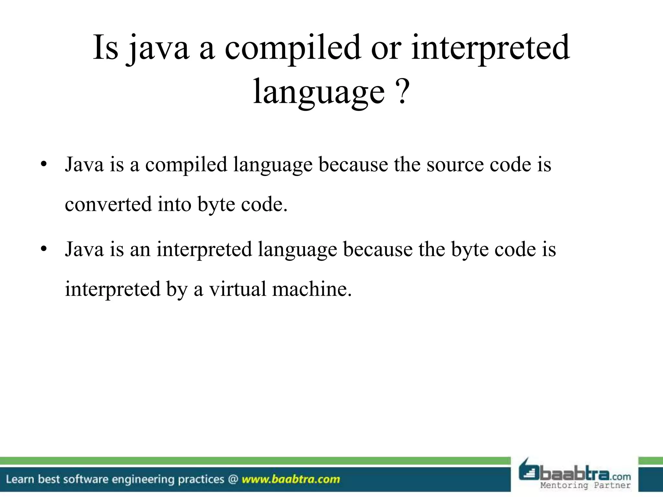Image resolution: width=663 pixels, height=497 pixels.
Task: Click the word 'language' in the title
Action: pyautogui.click(x=319, y=92)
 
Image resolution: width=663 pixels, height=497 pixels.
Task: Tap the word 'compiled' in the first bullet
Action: pyautogui.click(x=186, y=165)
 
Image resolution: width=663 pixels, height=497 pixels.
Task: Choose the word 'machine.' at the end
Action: pyautogui.click(x=312, y=289)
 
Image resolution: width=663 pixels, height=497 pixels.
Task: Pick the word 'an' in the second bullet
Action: pyautogui.click(x=140, y=249)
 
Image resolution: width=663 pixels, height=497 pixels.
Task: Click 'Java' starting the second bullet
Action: pyautogui.click(x=84, y=249)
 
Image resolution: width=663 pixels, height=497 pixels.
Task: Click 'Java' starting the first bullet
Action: pyautogui.click(x=84, y=165)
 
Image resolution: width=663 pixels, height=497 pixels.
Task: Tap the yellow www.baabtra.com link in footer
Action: pyautogui.click(x=291, y=479)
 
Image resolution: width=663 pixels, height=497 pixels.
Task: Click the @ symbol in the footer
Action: pyautogui.click(x=233, y=479)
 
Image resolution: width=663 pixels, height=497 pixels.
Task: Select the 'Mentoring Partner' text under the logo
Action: pyautogui.click(x=585, y=485)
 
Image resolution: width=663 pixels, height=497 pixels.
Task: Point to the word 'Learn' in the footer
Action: pyautogui.click(x=20, y=479)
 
